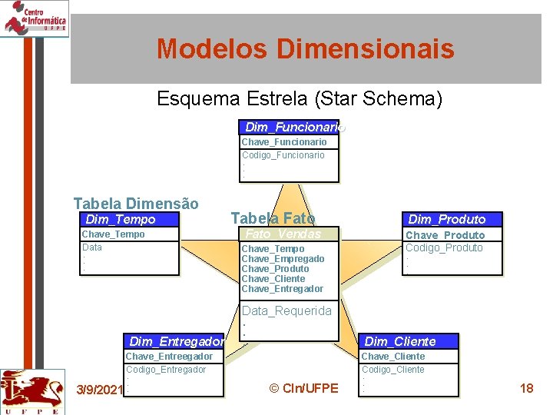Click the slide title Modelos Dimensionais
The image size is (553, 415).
point(305,49)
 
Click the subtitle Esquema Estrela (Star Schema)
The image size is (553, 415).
point(300,99)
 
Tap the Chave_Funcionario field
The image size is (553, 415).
point(284,142)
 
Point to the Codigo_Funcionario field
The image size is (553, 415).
point(283,155)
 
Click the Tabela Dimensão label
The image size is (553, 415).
point(136,204)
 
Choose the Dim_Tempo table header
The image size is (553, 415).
point(121,220)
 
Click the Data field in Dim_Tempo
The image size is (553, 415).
point(92,247)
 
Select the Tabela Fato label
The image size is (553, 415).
point(273,218)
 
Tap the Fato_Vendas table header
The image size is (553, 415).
point(282,234)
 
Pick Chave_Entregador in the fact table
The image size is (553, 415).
point(283,289)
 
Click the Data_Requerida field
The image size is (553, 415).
point(286,310)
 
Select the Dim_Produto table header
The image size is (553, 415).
point(446,220)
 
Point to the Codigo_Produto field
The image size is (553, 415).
point(444,247)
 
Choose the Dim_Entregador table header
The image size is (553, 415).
point(177,341)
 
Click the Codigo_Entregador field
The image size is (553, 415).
point(166,370)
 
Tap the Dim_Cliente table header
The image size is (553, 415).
point(399,341)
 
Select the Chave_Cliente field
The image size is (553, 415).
point(392,357)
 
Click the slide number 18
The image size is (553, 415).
point(526,388)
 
